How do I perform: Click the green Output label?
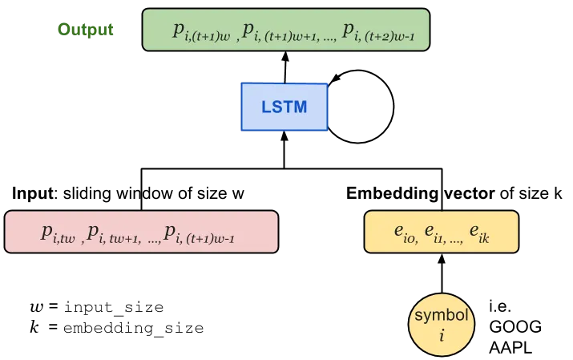click(x=86, y=30)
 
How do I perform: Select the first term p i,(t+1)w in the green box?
click(x=201, y=32)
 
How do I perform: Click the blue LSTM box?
click(x=284, y=106)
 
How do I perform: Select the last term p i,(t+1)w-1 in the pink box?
click(x=199, y=233)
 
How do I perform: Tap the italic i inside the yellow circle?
click(x=441, y=335)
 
